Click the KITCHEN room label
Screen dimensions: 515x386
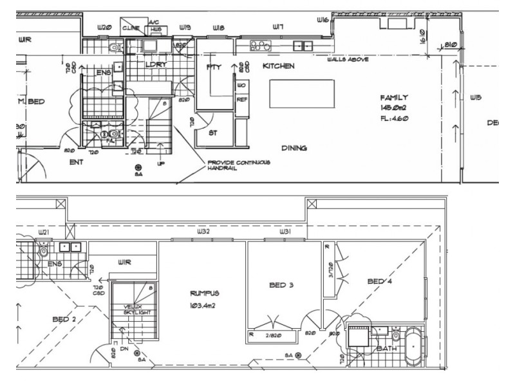coord(278,66)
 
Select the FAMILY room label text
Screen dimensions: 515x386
coord(393,98)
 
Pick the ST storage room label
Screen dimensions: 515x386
coord(213,133)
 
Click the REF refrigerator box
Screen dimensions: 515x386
coord(241,100)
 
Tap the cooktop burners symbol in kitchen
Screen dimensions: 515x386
coord(259,46)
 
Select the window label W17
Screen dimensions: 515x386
coord(278,27)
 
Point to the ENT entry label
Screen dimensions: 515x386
coord(76,162)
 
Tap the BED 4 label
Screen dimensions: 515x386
coord(380,282)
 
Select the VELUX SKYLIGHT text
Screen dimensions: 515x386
coord(137,310)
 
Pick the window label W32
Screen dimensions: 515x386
coord(203,231)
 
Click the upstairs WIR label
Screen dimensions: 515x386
coord(124,262)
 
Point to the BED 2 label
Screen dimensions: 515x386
coord(65,319)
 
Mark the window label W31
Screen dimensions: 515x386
coord(285,231)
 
